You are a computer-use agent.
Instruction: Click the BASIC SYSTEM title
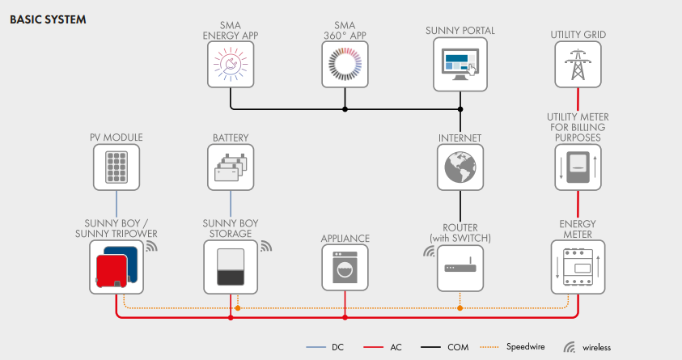point(48,18)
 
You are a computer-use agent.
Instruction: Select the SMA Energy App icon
point(231,66)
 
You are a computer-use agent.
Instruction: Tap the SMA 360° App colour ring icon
point(345,66)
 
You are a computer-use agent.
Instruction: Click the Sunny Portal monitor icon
point(460,66)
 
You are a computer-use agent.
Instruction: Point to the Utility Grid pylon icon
point(578,65)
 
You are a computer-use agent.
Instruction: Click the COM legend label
point(458,347)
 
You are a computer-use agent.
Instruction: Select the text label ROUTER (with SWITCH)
point(460,233)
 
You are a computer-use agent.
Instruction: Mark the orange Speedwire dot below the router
point(460,307)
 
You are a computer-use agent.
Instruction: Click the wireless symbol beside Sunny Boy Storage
point(266,244)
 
